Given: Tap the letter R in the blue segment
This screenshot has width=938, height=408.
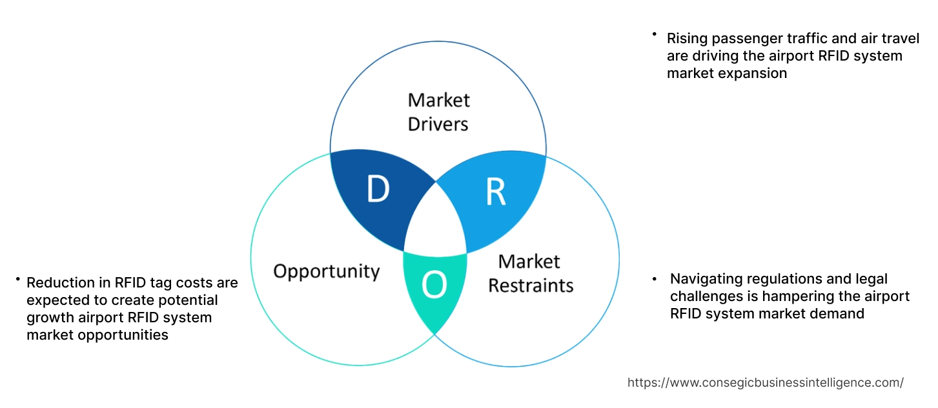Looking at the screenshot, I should pyautogui.click(x=495, y=192).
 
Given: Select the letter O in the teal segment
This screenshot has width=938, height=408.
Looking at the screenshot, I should pyautogui.click(x=434, y=286).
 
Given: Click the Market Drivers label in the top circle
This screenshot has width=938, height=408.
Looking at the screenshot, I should pyautogui.click(x=438, y=112).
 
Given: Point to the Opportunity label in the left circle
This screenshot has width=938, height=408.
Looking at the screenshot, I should pyautogui.click(x=326, y=271).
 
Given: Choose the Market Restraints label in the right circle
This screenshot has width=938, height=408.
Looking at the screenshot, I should pyautogui.click(x=530, y=273).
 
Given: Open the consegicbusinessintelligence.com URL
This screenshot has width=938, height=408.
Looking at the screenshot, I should pyautogui.click(x=765, y=382).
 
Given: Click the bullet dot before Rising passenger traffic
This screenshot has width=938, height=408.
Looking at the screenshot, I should pyautogui.click(x=654, y=34).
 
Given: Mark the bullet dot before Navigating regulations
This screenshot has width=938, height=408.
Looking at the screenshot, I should pyautogui.click(x=655, y=279).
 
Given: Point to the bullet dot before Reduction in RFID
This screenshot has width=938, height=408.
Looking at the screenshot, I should pyautogui.click(x=17, y=280).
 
